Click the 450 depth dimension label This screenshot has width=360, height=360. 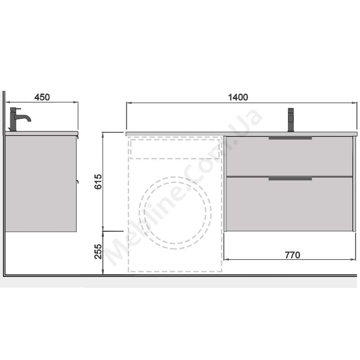click(x=42, y=97)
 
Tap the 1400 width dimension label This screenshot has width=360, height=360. click(x=238, y=97)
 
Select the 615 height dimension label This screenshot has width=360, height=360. click(x=98, y=182)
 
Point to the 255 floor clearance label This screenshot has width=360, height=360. click(x=98, y=252)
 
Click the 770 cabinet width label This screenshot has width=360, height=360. click(x=292, y=255)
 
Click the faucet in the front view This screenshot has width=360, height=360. click(x=291, y=120)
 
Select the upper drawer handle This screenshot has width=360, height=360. click(x=290, y=138)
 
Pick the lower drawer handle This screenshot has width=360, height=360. click(x=290, y=179)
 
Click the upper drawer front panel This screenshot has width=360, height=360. click(x=289, y=156)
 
